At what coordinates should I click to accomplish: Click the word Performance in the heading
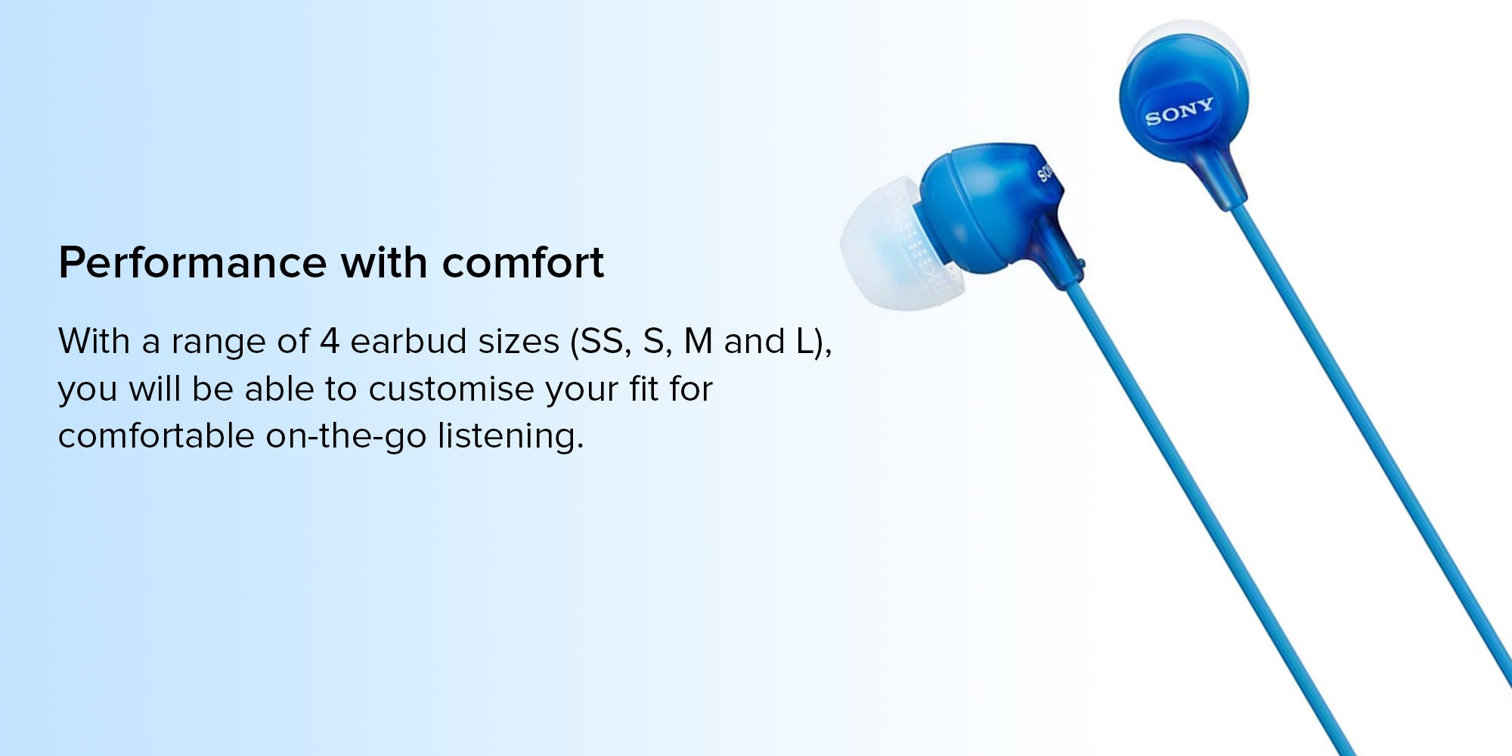coord(193,263)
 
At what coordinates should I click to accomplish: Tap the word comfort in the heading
coord(522,263)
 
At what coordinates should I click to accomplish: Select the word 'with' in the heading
coord(384,263)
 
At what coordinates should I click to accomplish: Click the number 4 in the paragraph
coord(329,342)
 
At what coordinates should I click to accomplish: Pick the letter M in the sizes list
coord(698,342)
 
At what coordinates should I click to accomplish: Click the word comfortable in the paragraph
coord(156,436)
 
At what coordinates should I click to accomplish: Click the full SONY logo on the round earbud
coord(1179,111)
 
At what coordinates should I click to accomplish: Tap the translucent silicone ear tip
coord(885,244)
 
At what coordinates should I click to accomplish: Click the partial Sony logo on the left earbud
coord(1044,173)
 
